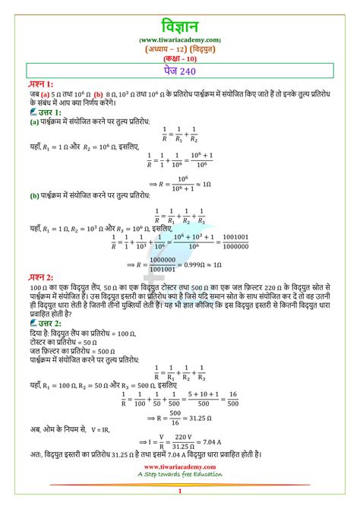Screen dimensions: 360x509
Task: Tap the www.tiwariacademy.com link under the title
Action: pyautogui.click(x=180, y=39)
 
